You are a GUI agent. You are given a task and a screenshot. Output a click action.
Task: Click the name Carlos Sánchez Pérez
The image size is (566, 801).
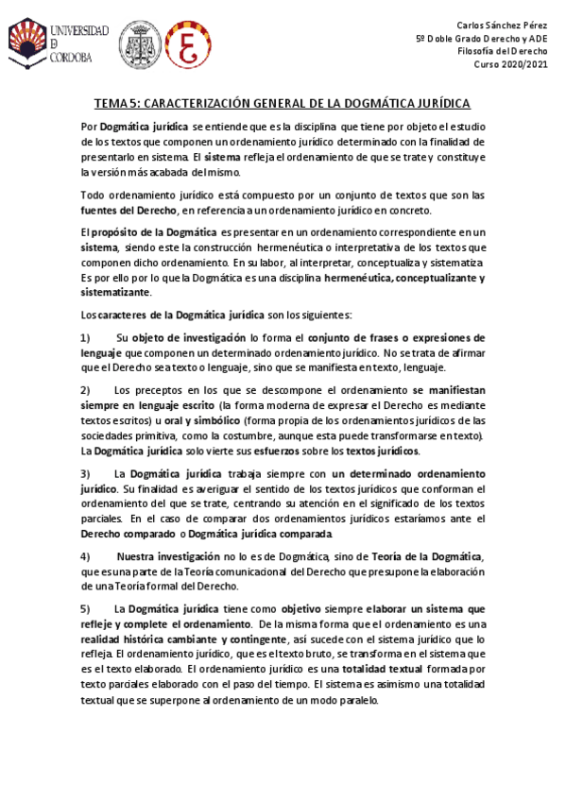click(508, 24)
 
